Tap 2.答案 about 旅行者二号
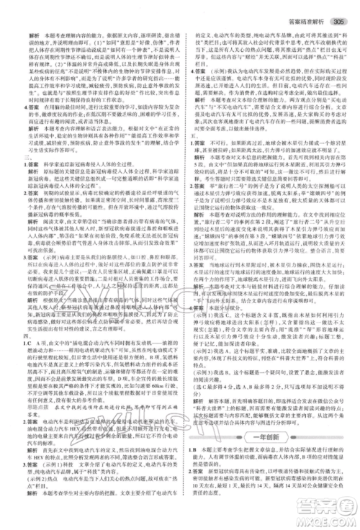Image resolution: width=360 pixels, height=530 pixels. point(195,224)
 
